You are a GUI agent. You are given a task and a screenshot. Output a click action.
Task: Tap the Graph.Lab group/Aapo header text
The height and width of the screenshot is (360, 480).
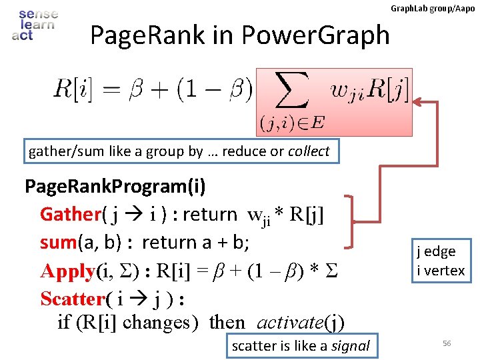point(432,8)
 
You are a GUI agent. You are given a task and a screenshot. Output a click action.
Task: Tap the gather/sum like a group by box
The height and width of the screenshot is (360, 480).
point(179,151)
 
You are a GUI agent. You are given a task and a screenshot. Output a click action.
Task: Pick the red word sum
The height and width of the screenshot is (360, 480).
point(58,242)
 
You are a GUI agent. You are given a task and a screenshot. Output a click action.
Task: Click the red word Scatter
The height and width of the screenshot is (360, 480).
point(71,298)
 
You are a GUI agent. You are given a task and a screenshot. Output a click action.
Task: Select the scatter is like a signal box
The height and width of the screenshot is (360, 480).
point(300,345)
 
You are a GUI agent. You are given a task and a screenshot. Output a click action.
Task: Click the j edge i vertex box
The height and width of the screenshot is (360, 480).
point(441,261)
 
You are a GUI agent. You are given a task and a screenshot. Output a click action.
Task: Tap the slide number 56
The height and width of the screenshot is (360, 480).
point(447,343)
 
